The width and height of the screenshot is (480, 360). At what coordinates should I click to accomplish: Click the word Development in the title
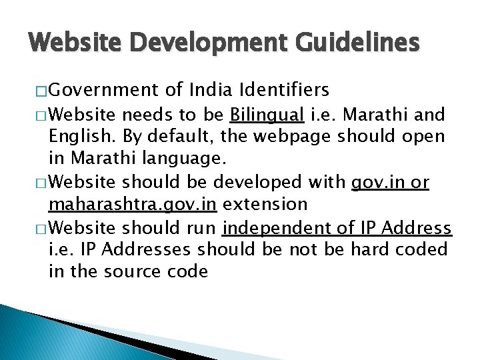pos(195,43)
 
